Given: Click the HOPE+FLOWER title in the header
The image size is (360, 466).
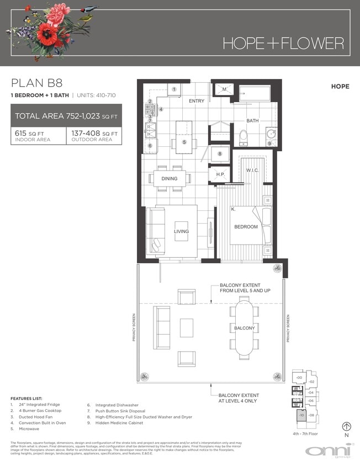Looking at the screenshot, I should tap(283, 43).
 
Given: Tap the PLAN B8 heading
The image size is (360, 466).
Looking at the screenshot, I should tap(37, 83).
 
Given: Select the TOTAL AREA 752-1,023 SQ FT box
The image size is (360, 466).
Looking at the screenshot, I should tap(66, 116).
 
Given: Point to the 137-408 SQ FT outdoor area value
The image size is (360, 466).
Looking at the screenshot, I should tap(94, 133).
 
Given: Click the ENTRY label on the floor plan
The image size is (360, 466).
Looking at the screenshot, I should tap(196, 101).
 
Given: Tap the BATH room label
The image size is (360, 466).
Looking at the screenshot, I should tap(252, 120).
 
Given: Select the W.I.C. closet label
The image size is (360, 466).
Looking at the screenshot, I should tap(253, 170).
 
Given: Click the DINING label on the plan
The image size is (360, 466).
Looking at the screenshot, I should tap(170, 178).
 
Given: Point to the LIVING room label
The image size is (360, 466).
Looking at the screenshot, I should tap(181, 231).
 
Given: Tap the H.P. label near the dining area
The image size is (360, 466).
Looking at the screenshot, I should tap(220, 174).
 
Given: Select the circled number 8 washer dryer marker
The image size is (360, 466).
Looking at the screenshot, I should tap(220, 154).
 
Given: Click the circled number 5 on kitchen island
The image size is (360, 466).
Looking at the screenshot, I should tap(185, 142).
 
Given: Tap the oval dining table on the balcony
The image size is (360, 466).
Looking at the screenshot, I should tap(245, 328).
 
